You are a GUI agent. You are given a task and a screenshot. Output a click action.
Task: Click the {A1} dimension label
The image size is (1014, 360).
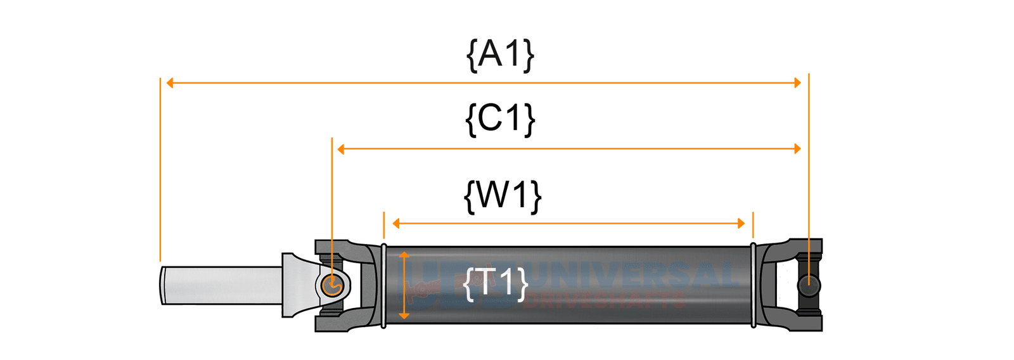(500, 55)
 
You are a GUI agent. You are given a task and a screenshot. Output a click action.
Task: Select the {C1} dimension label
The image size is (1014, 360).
(500, 119)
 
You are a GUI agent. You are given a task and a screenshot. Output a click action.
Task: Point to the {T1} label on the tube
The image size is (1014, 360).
(496, 283)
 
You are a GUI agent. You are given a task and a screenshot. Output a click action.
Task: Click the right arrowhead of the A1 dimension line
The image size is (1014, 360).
(798, 82)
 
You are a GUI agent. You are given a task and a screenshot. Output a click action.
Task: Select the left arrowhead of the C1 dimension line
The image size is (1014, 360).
(341, 149)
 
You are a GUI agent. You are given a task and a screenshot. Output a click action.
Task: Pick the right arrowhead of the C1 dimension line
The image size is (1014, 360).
(798, 149)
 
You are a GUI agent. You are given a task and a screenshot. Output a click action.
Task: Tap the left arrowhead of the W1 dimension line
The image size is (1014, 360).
(396, 223)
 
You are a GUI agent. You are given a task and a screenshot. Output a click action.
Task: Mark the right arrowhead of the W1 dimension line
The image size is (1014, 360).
(741, 223)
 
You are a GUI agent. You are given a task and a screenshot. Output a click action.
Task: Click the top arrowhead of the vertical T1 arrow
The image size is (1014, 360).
(404, 255)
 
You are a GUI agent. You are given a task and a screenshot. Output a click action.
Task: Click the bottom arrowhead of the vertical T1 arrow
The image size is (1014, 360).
(404, 315)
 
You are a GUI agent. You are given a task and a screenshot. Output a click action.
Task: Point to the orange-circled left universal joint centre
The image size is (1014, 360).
(331, 285)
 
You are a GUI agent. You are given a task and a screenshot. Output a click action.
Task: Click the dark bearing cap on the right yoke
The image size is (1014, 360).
(809, 285)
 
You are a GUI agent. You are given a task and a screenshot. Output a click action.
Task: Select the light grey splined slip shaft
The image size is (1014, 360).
(222, 285)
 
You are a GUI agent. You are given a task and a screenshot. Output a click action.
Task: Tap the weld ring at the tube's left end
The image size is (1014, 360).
(383, 285)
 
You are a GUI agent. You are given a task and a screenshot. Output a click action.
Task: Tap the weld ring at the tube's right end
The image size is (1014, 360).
(753, 285)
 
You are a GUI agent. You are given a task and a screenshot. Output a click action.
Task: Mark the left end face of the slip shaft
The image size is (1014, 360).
(163, 285)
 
